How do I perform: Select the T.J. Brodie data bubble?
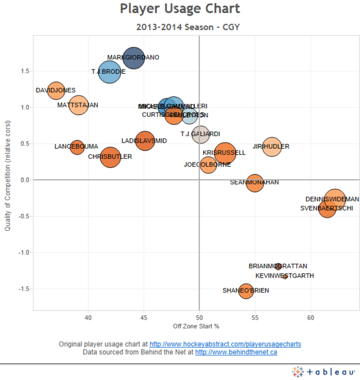pyautogui.click(x=110, y=72)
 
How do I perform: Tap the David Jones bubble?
pyautogui.click(x=56, y=91)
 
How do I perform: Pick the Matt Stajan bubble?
pyautogui.click(x=79, y=105)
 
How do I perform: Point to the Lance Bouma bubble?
pyautogui.click(x=77, y=147)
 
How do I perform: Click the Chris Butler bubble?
pyautogui.click(x=110, y=158)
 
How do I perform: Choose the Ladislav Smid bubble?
pyautogui.click(x=145, y=141)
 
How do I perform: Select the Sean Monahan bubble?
pyautogui.click(x=255, y=183)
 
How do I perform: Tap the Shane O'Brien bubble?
pyautogui.click(x=245, y=291)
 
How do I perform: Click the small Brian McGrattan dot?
pyautogui.click(x=278, y=266)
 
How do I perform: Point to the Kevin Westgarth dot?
pyautogui.click(x=285, y=276)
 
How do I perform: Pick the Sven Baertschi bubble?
pyautogui.click(x=327, y=209)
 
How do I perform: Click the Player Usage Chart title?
pyautogui.click(x=180, y=9)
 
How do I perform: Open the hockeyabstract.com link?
pyautogui.click(x=225, y=345)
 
